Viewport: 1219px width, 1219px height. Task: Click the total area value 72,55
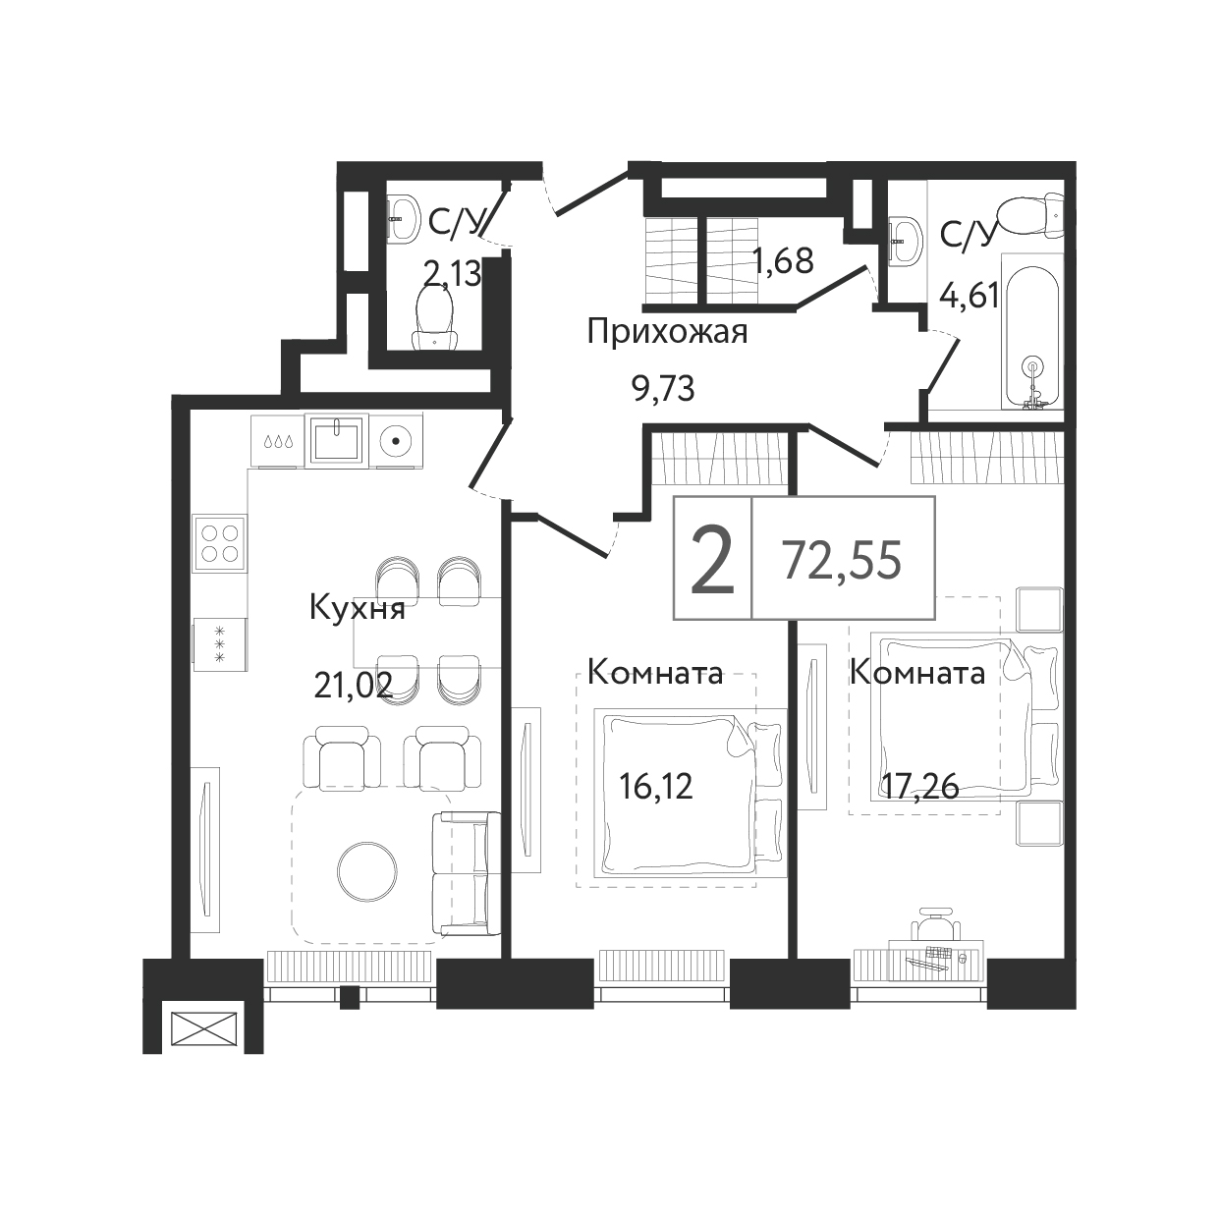[842, 560]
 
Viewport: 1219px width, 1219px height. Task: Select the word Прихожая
[667, 332]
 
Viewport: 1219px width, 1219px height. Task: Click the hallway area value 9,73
[664, 389]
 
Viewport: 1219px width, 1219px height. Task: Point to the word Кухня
[357, 609]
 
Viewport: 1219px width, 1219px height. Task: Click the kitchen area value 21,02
[353, 685]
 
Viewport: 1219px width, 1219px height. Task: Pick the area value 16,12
[656, 786]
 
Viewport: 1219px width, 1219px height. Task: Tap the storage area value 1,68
[782, 260]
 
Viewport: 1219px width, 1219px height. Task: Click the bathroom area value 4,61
[969, 295]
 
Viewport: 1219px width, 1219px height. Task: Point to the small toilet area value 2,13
[452, 275]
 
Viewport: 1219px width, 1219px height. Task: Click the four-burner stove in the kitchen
[219, 543]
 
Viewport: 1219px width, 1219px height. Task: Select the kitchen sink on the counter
[337, 440]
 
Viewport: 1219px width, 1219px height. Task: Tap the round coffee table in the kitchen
[367, 870]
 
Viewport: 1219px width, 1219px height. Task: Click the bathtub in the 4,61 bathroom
[1032, 331]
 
